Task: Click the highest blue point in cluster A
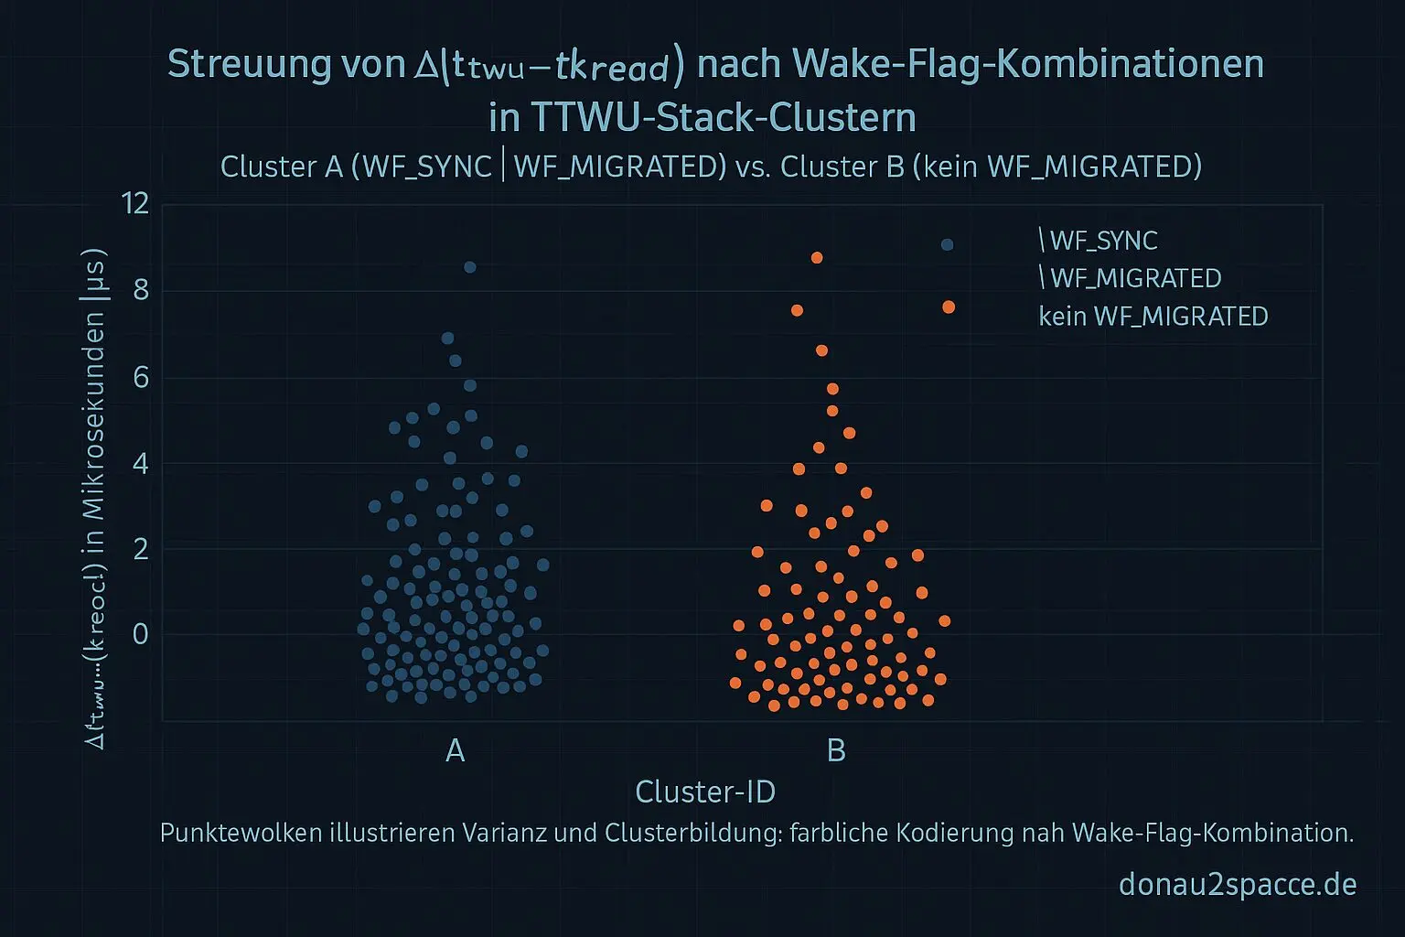[469, 267]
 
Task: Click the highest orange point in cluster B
[817, 258]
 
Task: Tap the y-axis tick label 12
[135, 202]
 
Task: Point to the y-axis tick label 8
[140, 291]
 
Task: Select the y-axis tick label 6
[140, 376]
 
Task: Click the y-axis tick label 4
[140, 462]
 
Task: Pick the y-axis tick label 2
[140, 548]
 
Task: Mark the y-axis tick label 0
[140, 633]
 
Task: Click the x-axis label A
[455, 751]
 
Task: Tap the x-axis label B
[836, 751]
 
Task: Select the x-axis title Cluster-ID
[705, 792]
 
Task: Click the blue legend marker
[947, 244]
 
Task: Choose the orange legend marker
[949, 307]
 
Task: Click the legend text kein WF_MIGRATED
[1153, 317]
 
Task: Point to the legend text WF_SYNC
[1103, 241]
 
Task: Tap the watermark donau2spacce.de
[1237, 885]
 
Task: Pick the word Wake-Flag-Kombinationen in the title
[1028, 64]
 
